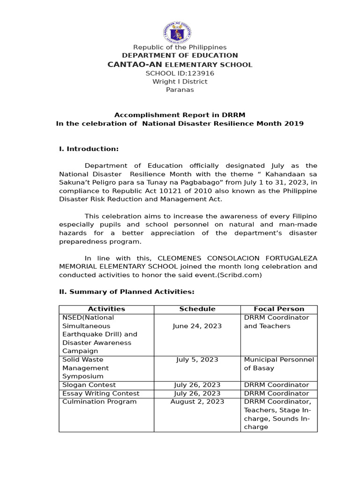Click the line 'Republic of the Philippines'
click(x=180, y=47)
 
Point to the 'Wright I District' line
click(x=180, y=82)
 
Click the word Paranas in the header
click(x=180, y=90)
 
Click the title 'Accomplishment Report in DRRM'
click(x=180, y=115)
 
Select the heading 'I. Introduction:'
click(x=89, y=149)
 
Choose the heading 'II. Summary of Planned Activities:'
click(x=127, y=292)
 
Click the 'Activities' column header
click(x=106, y=309)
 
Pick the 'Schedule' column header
click(x=197, y=309)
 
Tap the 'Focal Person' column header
click(x=279, y=309)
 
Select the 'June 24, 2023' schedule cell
click(x=197, y=326)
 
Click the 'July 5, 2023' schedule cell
click(x=197, y=360)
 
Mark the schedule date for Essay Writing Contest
click(x=197, y=394)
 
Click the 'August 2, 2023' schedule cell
click(x=197, y=402)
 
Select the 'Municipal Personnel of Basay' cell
click(x=279, y=364)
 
